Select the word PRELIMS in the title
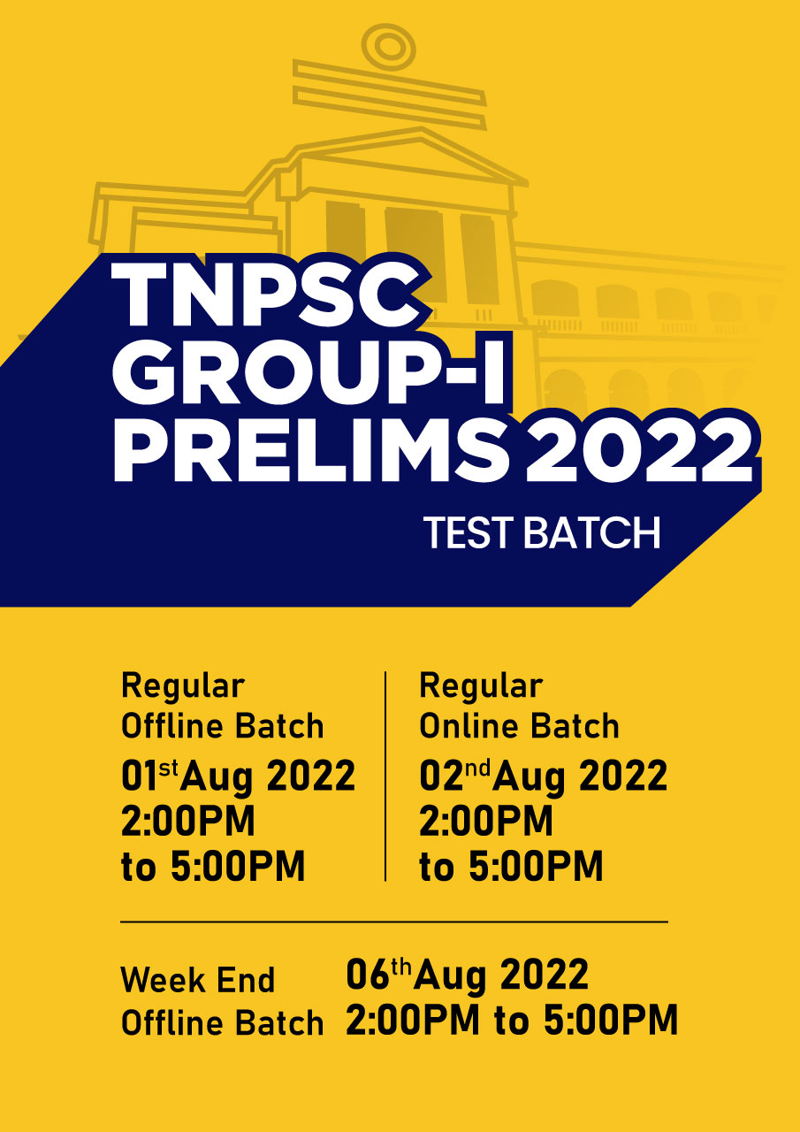click(310, 447)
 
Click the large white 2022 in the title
click(638, 448)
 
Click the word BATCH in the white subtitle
click(592, 532)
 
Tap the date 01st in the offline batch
click(150, 776)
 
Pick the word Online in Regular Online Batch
click(469, 726)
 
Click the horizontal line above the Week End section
click(394, 922)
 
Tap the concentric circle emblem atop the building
click(389, 48)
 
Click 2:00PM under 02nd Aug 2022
click(486, 821)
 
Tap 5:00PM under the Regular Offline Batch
click(238, 866)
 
